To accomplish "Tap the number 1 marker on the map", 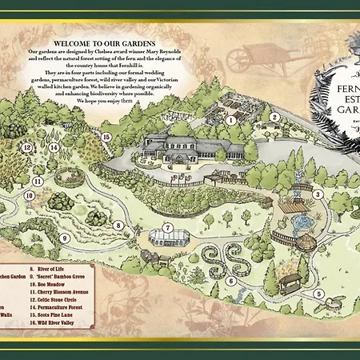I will point(229,121).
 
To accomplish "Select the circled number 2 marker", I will point(274,117).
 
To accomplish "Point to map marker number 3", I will point(318,194).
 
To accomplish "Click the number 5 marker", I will point(318,294).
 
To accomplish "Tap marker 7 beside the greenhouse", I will point(168,226).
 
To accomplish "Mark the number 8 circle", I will point(118,226).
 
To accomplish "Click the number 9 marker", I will point(65,237).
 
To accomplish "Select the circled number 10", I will point(28,194).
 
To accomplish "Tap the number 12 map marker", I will point(26,147).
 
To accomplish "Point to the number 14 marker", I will point(54,147).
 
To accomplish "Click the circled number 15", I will point(106,137).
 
